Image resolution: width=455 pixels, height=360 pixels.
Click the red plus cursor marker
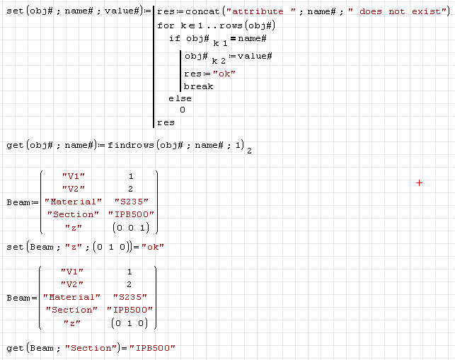pyautogui.click(x=419, y=182)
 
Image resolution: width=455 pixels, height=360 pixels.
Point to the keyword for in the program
pyautogui.click(x=165, y=25)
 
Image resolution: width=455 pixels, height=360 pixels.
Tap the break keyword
pyautogui.click(x=198, y=86)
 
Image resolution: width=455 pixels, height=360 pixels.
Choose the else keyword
pyautogui.click(x=180, y=98)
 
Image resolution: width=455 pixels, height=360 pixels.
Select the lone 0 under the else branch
pyautogui.click(x=183, y=110)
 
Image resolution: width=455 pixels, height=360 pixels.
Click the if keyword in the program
pyautogui.click(x=173, y=37)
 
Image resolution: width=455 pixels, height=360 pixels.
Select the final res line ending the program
pyautogui.click(x=166, y=122)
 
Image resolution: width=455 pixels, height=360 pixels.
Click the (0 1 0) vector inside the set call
pyautogui.click(x=113, y=247)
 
